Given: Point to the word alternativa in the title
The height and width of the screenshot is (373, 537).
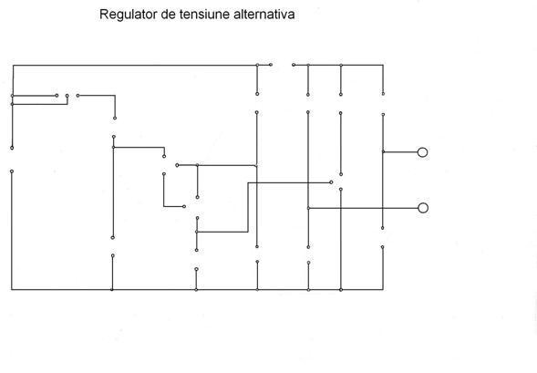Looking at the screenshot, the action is [x=264, y=14].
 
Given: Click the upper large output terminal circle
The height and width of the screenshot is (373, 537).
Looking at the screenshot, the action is [x=423, y=152].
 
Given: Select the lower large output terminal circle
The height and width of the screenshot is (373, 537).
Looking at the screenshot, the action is [x=423, y=208].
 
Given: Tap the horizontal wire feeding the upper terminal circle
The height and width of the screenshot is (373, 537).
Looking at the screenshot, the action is [x=400, y=151].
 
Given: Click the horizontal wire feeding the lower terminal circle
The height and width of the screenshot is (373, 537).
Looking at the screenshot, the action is [x=363, y=208].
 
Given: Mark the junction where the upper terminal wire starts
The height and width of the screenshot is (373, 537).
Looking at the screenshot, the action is [x=383, y=151].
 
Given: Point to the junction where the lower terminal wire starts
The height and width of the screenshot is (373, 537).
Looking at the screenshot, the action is [x=308, y=208].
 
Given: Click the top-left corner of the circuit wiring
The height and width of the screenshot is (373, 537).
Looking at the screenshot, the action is [x=13, y=65].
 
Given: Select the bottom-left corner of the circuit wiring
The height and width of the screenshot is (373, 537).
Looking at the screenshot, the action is [x=12, y=290].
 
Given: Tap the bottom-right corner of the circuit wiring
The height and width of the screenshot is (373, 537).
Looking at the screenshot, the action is [x=383, y=290].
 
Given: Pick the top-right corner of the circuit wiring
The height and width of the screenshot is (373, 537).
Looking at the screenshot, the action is [x=383, y=65].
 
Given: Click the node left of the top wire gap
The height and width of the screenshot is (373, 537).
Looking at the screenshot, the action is [x=271, y=65].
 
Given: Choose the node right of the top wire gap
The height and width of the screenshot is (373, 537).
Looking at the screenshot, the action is [x=294, y=65].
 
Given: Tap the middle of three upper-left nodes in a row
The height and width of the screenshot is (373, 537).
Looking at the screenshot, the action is [x=67, y=96].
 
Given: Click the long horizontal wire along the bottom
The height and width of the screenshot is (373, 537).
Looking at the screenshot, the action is [x=197, y=290].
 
